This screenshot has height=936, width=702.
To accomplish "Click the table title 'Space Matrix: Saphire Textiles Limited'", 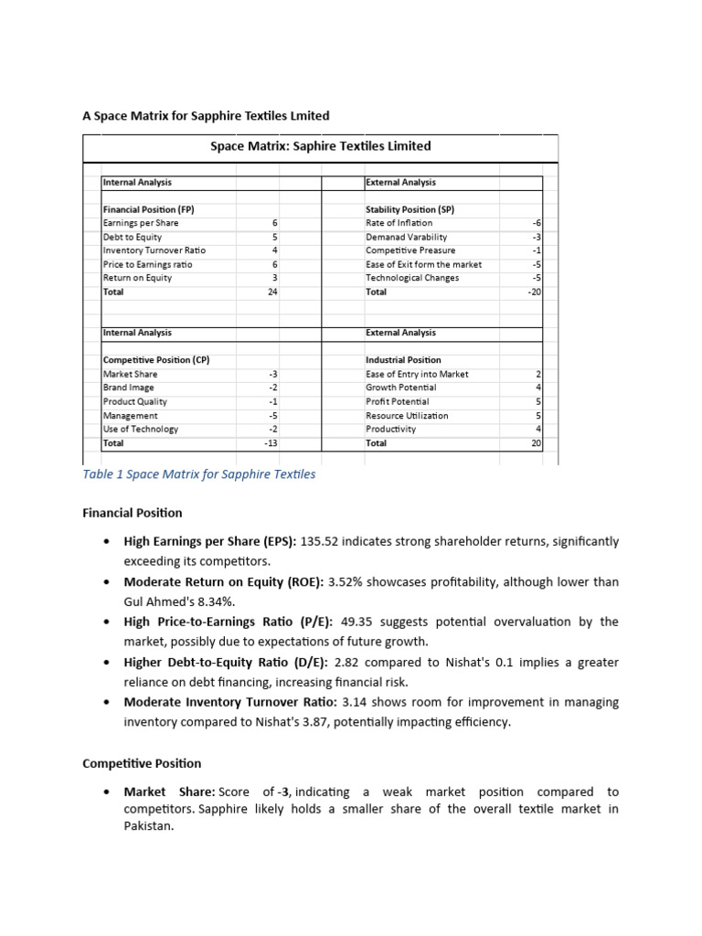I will pyautogui.click(x=320, y=146).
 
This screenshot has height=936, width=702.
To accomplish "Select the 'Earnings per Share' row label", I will pyautogui.click(x=141, y=223).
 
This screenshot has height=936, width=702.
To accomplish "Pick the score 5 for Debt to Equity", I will pyautogui.click(x=274, y=237).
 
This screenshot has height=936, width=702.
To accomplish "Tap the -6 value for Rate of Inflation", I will pyautogui.click(x=537, y=223).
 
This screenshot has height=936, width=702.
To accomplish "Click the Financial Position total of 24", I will pyautogui.click(x=272, y=292).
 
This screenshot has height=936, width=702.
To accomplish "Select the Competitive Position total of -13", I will pyautogui.click(x=271, y=443).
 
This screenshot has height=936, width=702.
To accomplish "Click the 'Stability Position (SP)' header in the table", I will pyautogui.click(x=409, y=209).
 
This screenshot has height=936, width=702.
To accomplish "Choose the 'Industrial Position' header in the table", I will pyautogui.click(x=403, y=360).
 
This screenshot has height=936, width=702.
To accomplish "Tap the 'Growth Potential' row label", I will pyautogui.click(x=400, y=388).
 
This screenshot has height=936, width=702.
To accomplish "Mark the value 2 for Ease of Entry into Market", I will pyautogui.click(x=538, y=374).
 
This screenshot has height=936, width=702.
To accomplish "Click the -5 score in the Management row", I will pyautogui.click(x=272, y=416).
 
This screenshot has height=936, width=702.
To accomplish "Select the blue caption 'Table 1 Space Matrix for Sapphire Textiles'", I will pyautogui.click(x=198, y=474).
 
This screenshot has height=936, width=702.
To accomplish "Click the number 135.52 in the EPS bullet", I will pyautogui.click(x=319, y=541).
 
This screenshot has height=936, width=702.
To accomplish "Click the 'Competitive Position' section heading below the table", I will pyautogui.click(x=142, y=763).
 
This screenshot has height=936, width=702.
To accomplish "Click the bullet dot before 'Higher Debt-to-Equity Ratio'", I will pyautogui.click(x=106, y=662).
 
